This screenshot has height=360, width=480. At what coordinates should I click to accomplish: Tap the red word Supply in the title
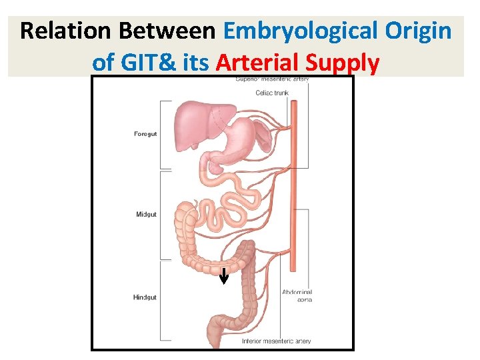pos(343,63)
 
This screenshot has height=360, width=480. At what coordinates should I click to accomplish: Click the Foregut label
pos(145,135)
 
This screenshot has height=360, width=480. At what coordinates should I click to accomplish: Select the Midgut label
pos(145,215)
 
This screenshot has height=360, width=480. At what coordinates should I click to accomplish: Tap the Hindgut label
pos(145,297)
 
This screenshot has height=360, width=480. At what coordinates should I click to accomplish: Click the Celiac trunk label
pos(272,93)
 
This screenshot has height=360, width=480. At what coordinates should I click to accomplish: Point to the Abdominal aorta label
pos(297,296)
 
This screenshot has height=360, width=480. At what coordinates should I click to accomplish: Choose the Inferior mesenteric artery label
pos(276,341)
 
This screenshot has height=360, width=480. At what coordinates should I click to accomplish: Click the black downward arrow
pos(224,276)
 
